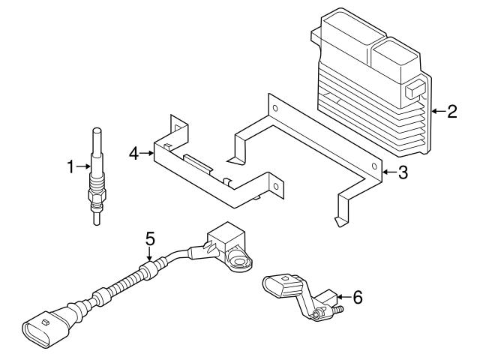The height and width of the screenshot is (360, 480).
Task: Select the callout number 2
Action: point(451,112)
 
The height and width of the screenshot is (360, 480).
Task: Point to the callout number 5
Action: point(150,238)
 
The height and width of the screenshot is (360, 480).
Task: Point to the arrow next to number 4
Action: point(147,153)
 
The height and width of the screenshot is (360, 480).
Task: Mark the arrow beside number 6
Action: point(343,298)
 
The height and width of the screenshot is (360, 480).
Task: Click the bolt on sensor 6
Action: point(337,308)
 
